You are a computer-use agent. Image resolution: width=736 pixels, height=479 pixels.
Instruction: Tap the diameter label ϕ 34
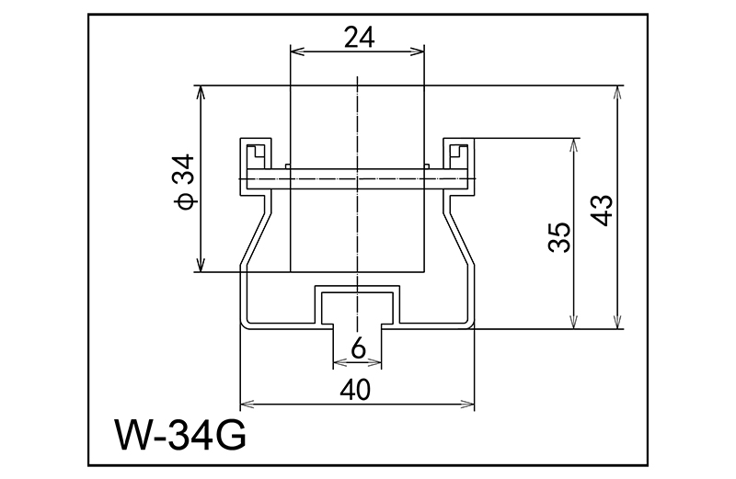coord(184,180)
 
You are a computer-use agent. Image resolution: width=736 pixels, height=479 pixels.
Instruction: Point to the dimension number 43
coord(603,209)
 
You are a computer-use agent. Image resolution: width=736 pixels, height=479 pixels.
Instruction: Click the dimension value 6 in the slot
coord(359,348)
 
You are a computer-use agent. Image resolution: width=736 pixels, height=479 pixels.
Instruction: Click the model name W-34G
coord(180,432)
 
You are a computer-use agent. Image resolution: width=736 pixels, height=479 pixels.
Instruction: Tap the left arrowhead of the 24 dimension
coord(295,51)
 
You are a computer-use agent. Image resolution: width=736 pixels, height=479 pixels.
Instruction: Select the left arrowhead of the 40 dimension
coord(246,404)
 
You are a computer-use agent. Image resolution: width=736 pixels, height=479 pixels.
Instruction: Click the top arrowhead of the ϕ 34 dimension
coord(200,91)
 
